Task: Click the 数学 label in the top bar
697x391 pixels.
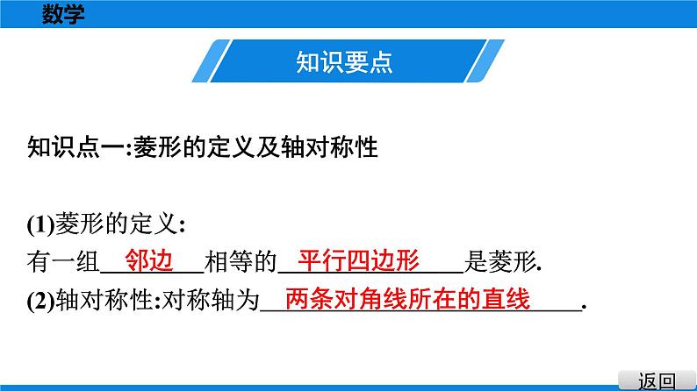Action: [63, 13]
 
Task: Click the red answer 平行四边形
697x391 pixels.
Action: [359, 260]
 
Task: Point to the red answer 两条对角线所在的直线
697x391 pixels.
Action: [408, 299]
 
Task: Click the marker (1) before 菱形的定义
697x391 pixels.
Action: [40, 224]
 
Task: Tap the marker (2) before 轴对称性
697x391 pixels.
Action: [40, 301]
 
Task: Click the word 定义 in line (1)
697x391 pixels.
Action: [154, 224]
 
